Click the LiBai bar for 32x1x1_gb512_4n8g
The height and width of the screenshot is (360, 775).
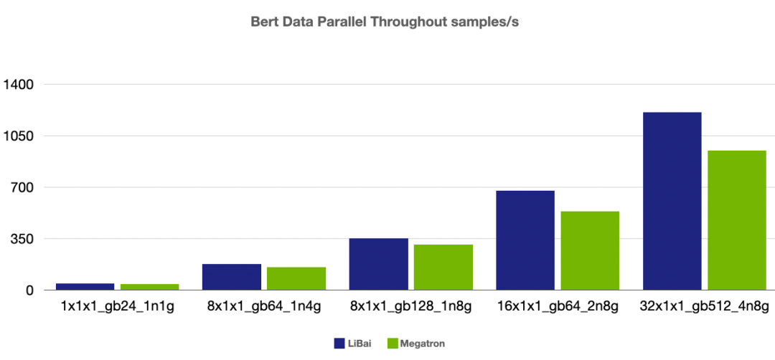(x=672, y=201)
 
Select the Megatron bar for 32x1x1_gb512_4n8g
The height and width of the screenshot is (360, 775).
(x=737, y=220)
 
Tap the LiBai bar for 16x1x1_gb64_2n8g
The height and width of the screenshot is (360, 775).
(x=525, y=240)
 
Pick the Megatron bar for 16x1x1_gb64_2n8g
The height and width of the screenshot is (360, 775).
(x=590, y=250)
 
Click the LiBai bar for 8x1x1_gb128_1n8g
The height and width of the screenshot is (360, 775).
(x=378, y=264)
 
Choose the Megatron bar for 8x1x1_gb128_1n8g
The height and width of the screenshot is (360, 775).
(x=443, y=267)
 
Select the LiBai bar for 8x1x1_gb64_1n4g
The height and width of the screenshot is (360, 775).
(x=232, y=277)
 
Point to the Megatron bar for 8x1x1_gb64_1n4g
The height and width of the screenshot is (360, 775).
(x=296, y=278)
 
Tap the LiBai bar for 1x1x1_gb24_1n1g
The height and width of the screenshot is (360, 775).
(x=85, y=286)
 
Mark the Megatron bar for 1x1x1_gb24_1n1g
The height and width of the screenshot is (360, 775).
(x=149, y=287)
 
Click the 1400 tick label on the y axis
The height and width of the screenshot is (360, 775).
(x=19, y=85)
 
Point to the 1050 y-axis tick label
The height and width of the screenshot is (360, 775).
(x=19, y=136)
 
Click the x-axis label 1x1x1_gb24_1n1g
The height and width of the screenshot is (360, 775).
(x=117, y=308)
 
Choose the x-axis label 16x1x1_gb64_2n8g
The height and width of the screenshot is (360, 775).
(x=558, y=308)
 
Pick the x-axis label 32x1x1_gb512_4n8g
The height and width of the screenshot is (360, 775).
(x=705, y=308)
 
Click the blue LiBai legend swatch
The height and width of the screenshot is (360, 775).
(x=339, y=344)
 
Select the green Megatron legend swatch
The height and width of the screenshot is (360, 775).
(x=392, y=344)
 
